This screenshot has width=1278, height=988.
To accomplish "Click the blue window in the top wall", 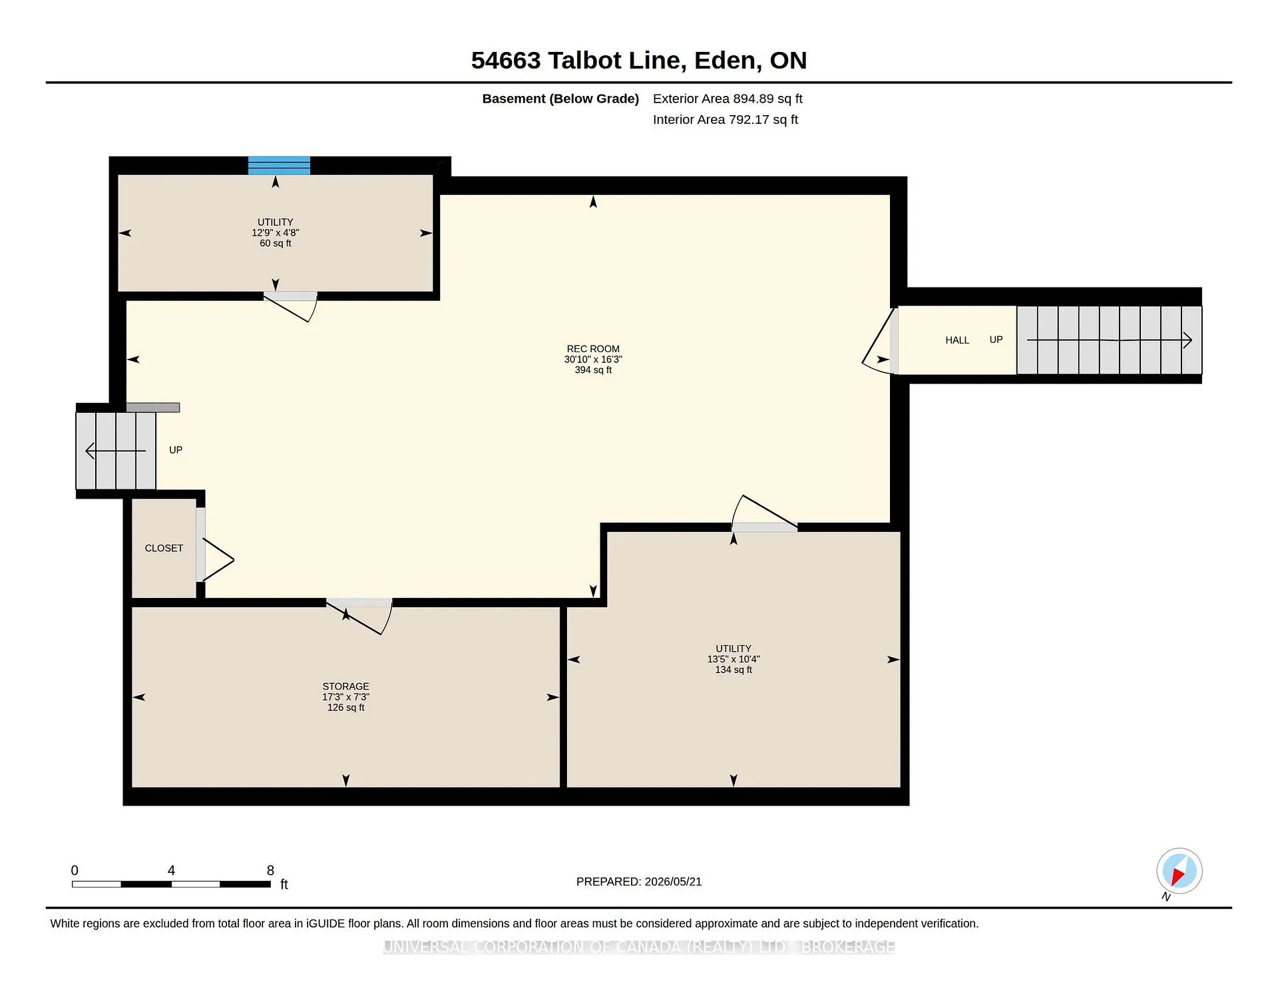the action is coord(279,165).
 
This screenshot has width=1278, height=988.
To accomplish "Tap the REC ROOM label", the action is coord(593,349).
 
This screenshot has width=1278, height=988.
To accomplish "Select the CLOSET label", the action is coord(164,548).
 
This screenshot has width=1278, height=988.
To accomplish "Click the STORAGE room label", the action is coord(345,686).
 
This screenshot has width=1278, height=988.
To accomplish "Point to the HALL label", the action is coord(957,340).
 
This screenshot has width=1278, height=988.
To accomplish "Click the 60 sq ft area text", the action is coord(276,244).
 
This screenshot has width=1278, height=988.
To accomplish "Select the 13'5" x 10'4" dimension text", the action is coord(734,659).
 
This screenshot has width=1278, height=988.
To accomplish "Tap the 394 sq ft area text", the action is coord(593,370).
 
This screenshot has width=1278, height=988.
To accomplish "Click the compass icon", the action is coord(1179,871).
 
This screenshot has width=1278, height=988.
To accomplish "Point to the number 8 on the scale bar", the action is coord(270,870).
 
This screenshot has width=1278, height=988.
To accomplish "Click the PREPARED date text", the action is coord(639,881).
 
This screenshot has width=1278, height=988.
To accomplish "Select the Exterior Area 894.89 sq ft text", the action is coord(728,99).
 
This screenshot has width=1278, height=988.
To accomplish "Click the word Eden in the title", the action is coord(725,61).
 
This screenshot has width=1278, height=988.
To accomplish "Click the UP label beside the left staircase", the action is coord(176,450).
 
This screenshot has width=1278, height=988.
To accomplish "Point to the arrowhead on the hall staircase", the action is coord(1187,340).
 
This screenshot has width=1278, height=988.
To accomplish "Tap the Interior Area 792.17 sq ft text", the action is coord(726,120).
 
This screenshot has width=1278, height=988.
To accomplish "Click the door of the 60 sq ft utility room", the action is coord(291,306).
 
